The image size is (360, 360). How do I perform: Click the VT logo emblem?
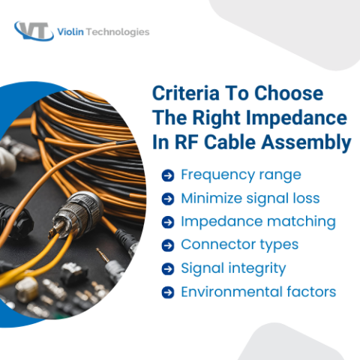(34, 31)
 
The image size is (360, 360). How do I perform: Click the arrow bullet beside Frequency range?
(168, 175)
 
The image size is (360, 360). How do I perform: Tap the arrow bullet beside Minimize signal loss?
(168, 199)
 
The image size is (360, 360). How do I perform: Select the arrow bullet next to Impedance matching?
(168, 222)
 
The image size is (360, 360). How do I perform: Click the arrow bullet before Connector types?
(168, 245)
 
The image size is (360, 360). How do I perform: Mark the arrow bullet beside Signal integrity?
(168, 268)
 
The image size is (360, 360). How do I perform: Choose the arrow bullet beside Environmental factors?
(168, 292)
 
